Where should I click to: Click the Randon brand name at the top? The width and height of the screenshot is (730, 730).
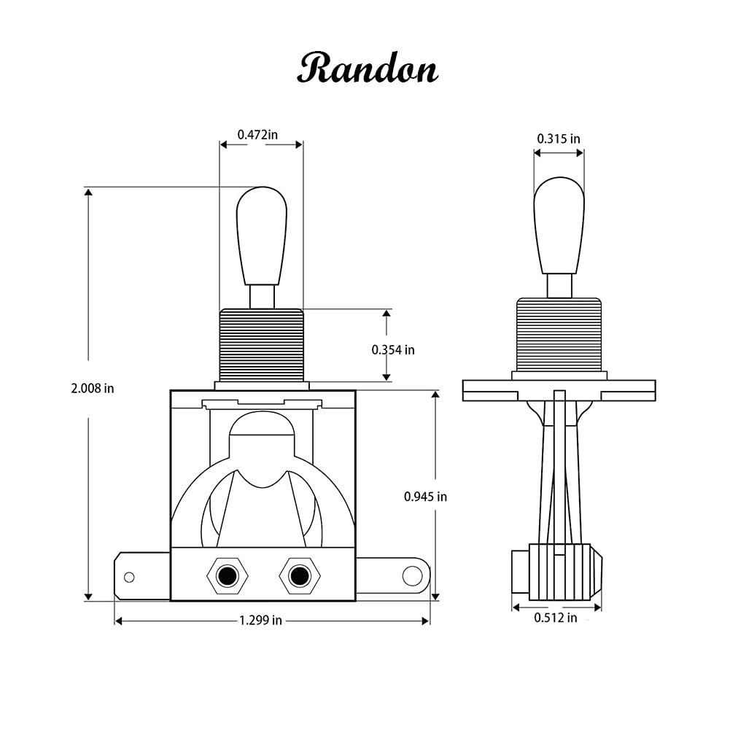click(x=368, y=69)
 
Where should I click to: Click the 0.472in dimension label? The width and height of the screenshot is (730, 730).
click(x=257, y=135)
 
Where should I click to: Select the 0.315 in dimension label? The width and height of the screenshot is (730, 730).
click(x=559, y=139)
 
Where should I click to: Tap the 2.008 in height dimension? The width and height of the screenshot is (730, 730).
click(x=92, y=389)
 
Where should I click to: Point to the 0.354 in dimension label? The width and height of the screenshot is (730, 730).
click(x=393, y=350)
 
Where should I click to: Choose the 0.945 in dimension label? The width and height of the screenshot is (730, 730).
click(x=425, y=497)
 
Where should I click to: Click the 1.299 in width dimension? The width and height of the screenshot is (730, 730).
click(x=260, y=621)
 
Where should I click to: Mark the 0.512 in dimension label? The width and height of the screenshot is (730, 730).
click(x=555, y=618)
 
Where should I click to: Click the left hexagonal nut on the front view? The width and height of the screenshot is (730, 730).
click(x=228, y=576)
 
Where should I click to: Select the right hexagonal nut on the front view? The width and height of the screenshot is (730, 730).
click(x=299, y=576)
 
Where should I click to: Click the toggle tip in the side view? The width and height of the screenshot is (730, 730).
click(x=559, y=225)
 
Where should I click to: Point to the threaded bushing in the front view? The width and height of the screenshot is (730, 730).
click(x=261, y=344)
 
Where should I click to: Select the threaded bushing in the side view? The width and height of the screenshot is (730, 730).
click(x=559, y=335)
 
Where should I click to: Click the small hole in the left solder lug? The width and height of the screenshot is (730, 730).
click(x=129, y=578)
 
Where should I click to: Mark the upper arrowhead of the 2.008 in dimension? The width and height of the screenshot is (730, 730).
click(x=88, y=193)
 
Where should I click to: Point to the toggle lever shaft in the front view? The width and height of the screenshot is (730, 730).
click(x=262, y=296)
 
